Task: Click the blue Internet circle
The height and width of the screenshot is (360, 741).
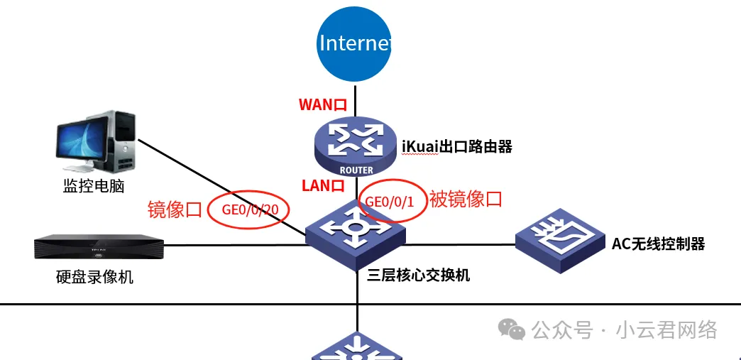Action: (x=355, y=43)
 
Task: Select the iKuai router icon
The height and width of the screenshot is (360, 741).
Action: (x=356, y=146)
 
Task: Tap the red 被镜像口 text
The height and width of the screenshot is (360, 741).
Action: (x=466, y=199)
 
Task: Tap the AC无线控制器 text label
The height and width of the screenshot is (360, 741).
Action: (x=659, y=244)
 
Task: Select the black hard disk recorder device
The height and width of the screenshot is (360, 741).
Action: (x=99, y=247)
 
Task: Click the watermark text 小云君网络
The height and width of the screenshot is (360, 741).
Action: (x=666, y=330)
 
